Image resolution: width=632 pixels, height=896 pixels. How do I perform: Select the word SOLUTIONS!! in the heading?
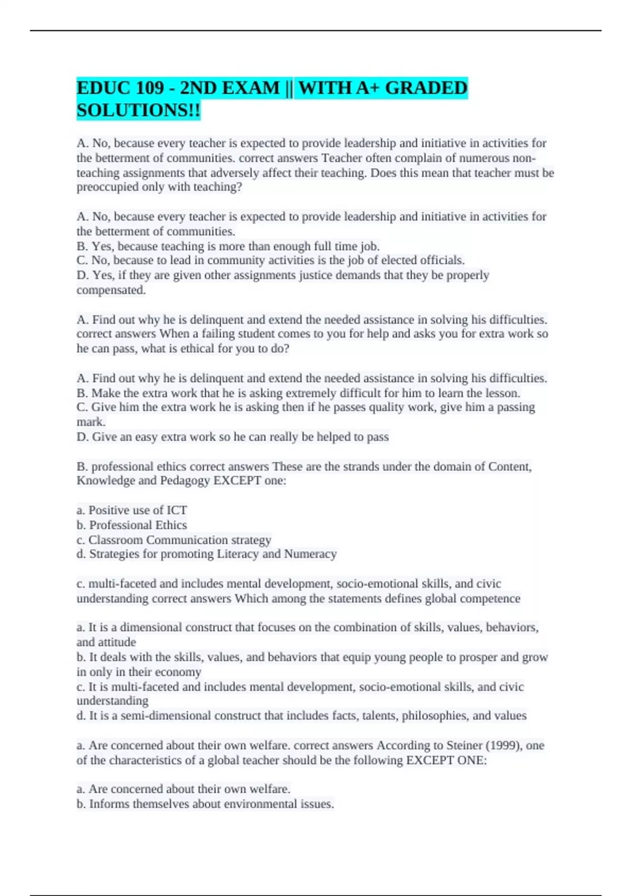[x=139, y=111]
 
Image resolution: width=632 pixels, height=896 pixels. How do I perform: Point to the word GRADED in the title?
[x=426, y=87]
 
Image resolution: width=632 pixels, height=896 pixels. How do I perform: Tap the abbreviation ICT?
[x=176, y=510]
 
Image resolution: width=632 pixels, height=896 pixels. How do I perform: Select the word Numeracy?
[x=310, y=554]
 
